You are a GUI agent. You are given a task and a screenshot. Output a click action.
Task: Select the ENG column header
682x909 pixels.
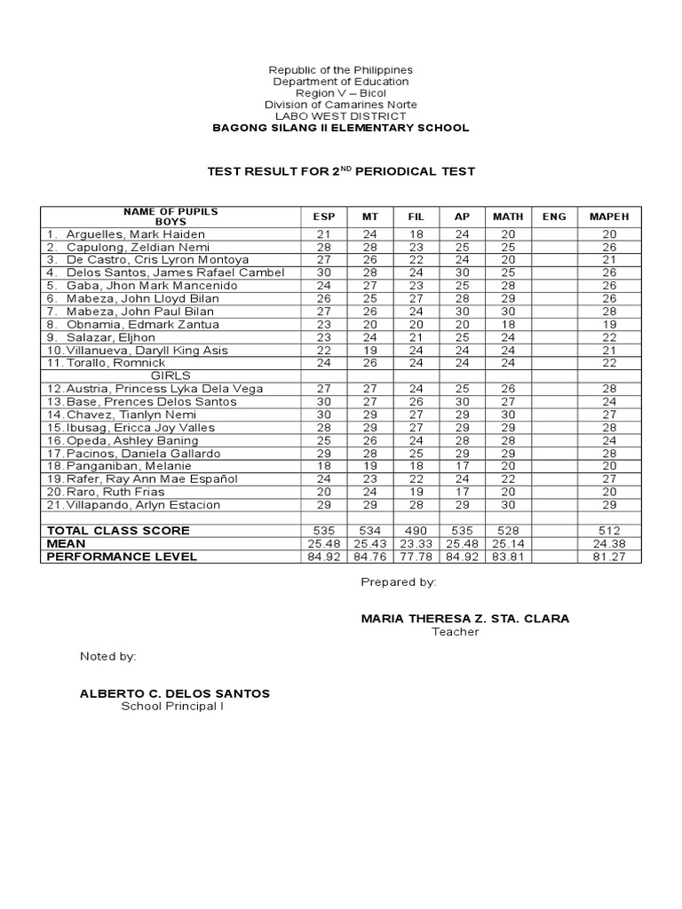point(553,216)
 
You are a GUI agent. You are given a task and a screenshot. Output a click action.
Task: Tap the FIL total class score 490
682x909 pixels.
point(416,531)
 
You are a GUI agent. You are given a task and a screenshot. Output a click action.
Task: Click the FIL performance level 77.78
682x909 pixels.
point(416,557)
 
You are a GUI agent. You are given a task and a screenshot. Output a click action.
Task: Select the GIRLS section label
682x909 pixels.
point(170,375)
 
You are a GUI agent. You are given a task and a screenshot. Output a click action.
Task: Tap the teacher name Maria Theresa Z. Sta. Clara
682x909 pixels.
point(465,618)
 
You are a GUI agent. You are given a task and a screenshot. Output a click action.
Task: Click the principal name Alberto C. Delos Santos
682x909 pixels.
point(175,693)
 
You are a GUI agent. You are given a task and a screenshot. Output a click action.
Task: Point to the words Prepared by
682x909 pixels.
point(398,582)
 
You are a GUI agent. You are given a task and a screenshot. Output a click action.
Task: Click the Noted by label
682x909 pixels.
point(107,656)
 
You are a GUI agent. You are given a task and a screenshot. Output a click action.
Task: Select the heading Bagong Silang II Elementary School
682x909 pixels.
point(340,128)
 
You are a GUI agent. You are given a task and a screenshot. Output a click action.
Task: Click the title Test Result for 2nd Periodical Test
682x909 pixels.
point(341,171)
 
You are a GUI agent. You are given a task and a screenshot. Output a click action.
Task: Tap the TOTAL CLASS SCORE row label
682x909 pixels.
point(118,531)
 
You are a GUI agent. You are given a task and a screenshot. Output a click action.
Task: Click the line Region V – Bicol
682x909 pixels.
point(340,93)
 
